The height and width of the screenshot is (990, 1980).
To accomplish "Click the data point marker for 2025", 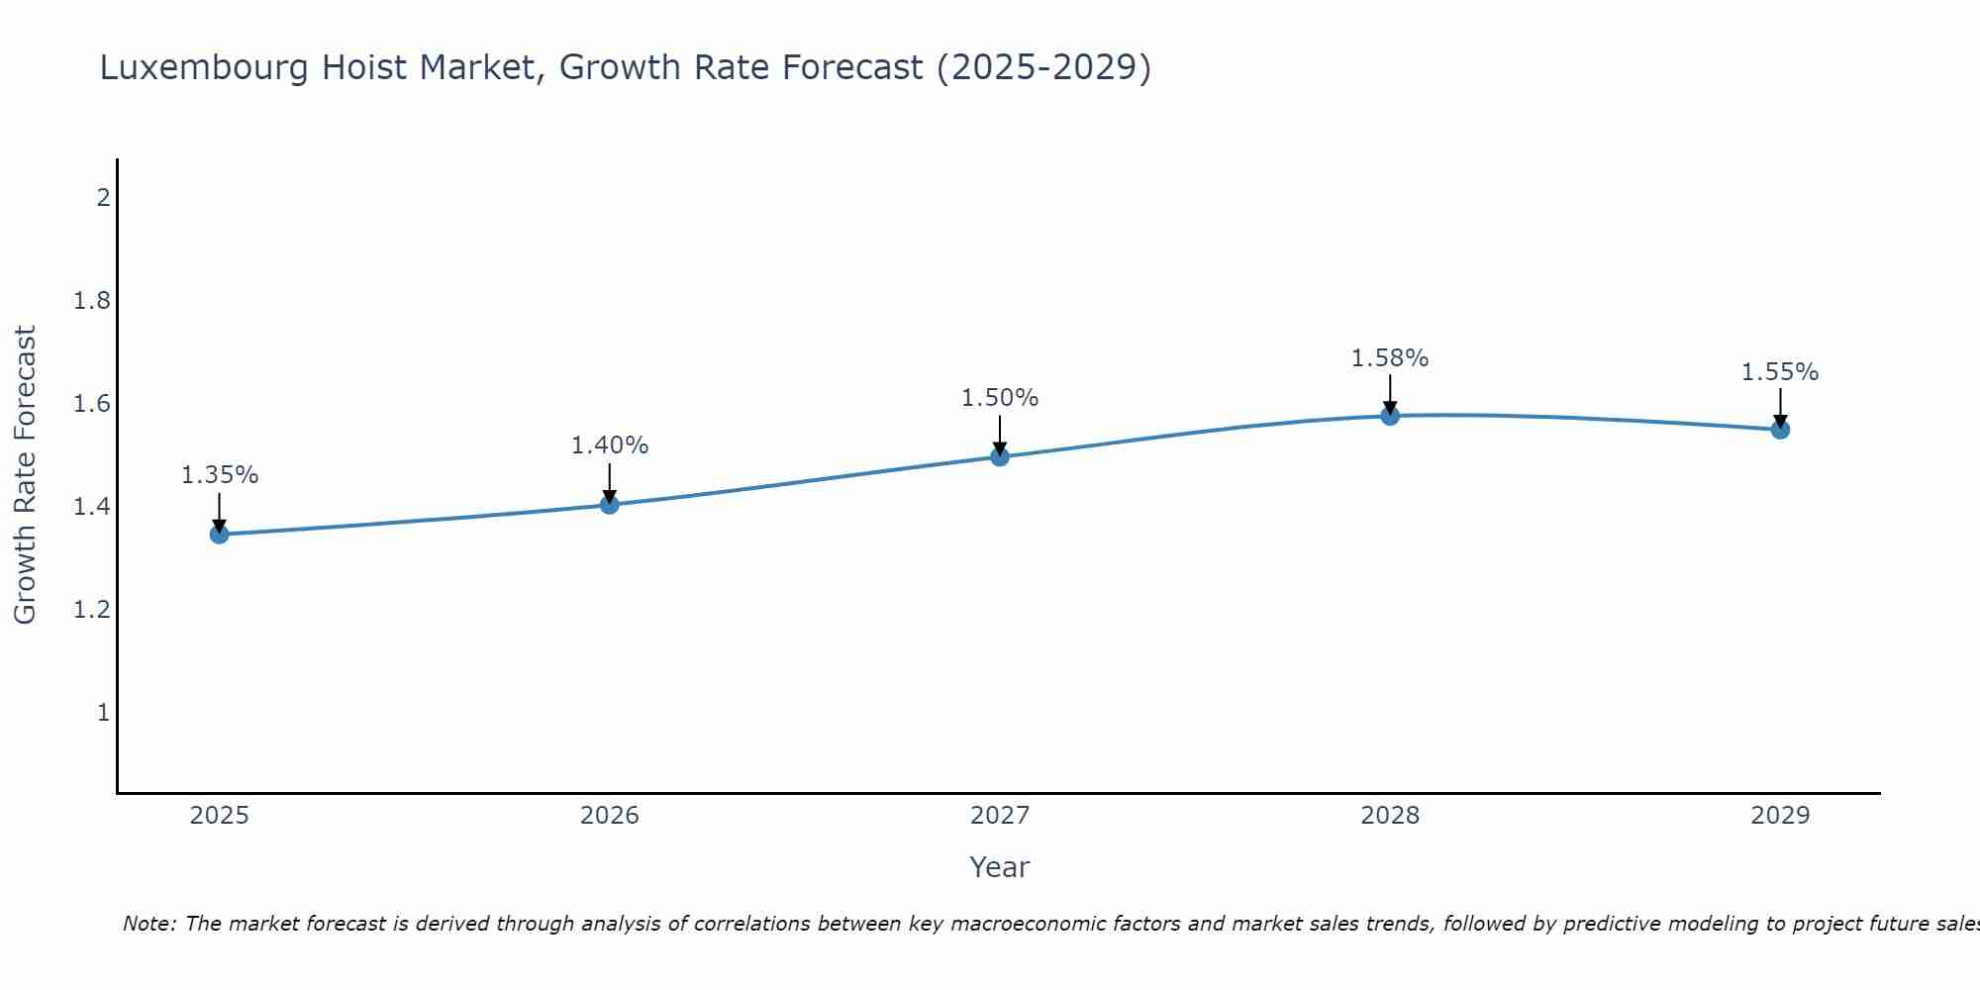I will tap(219, 535).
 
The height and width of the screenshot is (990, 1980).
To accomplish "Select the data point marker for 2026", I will tap(609, 505).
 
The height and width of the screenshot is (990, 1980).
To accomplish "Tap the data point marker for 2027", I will tap(999, 456).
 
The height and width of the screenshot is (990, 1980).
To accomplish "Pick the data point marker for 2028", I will tap(1390, 416).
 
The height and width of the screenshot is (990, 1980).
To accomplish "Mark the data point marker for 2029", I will tap(1780, 430).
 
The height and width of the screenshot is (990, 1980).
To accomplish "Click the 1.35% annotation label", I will tap(219, 475).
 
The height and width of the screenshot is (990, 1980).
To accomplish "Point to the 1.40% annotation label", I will tap(609, 445).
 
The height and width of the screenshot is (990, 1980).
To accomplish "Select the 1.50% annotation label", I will tap(999, 398).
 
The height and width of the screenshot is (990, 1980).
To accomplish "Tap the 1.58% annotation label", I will tap(1390, 358).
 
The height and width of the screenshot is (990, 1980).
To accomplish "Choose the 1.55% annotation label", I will tap(1780, 372).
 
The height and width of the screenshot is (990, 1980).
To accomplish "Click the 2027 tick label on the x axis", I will tap(999, 816).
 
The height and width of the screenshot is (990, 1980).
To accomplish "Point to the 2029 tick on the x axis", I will tap(1780, 816).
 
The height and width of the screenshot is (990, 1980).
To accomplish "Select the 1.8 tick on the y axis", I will tap(91, 301).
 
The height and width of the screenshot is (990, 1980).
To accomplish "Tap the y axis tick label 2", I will tap(102, 198).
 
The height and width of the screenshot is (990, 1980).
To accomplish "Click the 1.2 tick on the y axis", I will tap(91, 610).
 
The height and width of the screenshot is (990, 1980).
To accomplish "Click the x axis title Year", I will tap(999, 867).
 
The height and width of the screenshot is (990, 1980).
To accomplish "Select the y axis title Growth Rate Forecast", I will tap(25, 474).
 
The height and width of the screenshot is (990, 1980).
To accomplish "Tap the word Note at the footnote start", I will tap(148, 924).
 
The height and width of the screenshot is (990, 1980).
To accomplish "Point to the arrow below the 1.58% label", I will tap(1390, 393).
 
